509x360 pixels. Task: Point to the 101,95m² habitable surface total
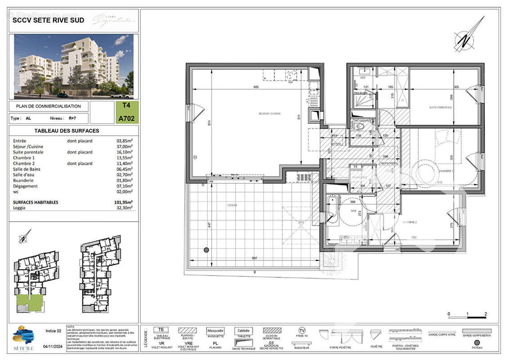coord(123,202)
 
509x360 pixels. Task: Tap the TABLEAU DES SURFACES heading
coord(67,131)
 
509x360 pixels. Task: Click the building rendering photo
coord(74,66)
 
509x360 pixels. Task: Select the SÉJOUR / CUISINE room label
coord(269,114)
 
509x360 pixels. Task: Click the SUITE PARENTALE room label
coord(441,108)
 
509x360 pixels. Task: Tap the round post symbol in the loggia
coord(206,250)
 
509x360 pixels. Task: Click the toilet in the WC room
coord(359,126)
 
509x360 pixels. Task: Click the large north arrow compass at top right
coord(468,36)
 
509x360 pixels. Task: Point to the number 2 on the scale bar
coord(486,314)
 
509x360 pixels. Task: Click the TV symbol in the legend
coord(302,331)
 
